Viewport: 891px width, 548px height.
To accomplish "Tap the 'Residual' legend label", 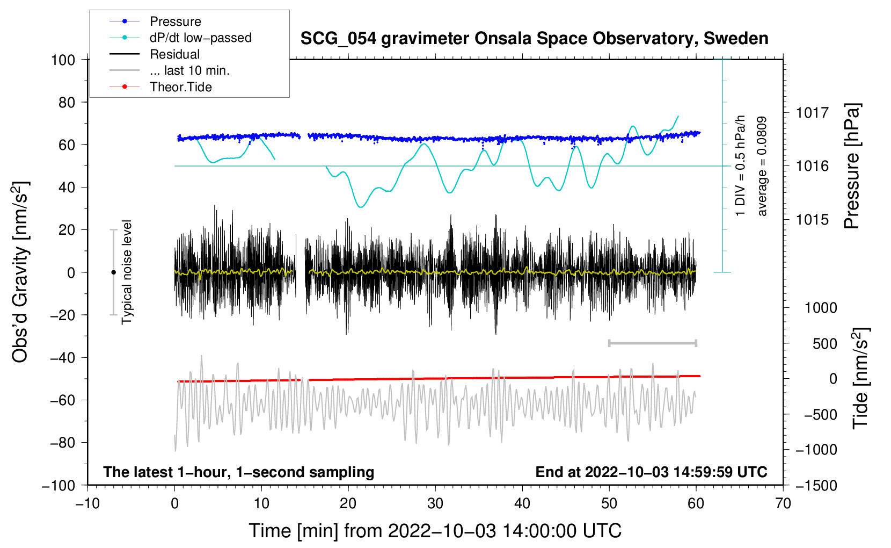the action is tap(174, 54).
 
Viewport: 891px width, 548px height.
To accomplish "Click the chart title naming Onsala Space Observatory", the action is tap(534, 39).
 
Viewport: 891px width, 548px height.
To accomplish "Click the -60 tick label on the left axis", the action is tap(62, 400).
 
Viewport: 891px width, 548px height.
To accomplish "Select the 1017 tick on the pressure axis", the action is tap(812, 113).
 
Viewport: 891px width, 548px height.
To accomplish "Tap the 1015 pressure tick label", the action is tap(812, 219).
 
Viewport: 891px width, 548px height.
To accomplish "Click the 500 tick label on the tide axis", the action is tap(824, 343).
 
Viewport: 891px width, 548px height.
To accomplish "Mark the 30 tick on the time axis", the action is tap(435, 503).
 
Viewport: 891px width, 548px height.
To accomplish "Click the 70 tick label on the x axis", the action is tap(783, 503).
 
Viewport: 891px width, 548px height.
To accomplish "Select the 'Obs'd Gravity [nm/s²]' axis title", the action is tap(20, 272).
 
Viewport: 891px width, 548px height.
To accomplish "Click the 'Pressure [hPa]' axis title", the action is tap(852, 167).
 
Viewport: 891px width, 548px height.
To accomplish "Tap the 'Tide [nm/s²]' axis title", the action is tap(861, 378).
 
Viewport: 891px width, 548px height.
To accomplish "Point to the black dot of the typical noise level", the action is tap(113, 272).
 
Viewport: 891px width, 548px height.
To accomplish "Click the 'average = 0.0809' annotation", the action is tap(762, 166).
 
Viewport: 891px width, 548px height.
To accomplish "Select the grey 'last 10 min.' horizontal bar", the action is tap(652, 343).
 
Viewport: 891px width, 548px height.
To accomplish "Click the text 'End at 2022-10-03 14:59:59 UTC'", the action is tap(651, 472).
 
